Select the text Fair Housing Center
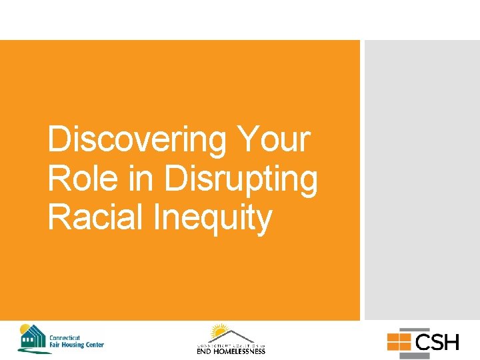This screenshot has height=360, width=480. [76, 345]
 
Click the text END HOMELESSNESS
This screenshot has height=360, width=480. [231, 351]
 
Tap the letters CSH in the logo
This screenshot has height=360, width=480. [437, 343]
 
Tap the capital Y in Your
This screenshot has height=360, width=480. [248, 140]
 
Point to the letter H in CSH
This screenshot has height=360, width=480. [451, 343]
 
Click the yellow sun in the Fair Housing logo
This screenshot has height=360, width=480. [25, 329]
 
